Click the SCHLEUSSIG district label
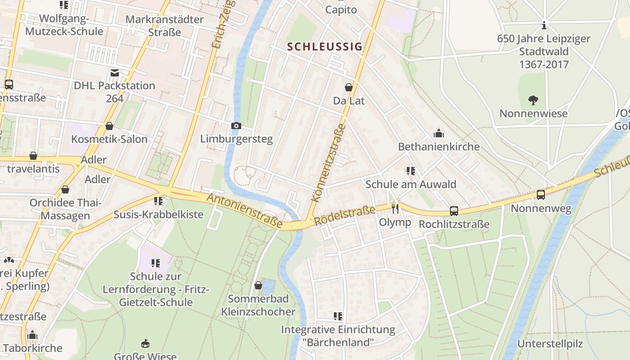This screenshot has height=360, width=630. click(x=324, y=46)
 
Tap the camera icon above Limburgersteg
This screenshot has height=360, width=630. click(x=236, y=126)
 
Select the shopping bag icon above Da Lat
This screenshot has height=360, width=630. click(x=349, y=87)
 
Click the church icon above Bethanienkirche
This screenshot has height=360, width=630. click(x=438, y=133)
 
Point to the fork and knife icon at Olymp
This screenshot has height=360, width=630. click(x=395, y=208)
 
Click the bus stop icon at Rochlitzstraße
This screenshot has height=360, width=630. click(x=454, y=211)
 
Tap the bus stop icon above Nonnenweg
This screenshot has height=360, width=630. click(x=541, y=195)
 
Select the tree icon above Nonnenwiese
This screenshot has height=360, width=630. click(x=533, y=100)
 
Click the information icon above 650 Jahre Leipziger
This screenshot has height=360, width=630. click(x=544, y=25)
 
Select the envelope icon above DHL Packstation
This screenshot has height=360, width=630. click(x=114, y=73)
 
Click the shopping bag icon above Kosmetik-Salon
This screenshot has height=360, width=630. click(x=109, y=126)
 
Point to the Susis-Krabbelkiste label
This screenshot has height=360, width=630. click(x=158, y=214)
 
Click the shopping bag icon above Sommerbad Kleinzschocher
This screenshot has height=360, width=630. click(x=258, y=285)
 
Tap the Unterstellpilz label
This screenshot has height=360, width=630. click(x=550, y=344)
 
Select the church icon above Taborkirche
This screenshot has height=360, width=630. click(x=32, y=335)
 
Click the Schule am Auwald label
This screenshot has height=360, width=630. click(x=410, y=184)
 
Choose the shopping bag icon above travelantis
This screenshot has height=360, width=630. click(x=33, y=156)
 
